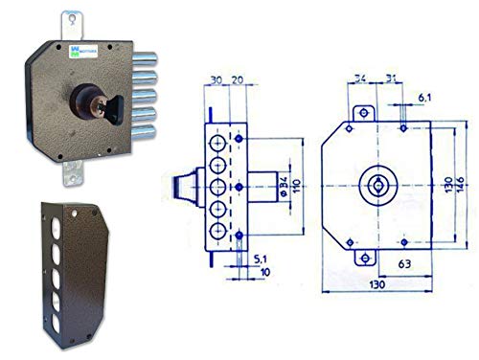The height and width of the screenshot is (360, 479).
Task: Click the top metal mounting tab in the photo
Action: (x=71, y=21)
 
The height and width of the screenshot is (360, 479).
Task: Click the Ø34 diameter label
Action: (x=281, y=183)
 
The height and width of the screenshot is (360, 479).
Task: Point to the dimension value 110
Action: (x=295, y=183)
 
